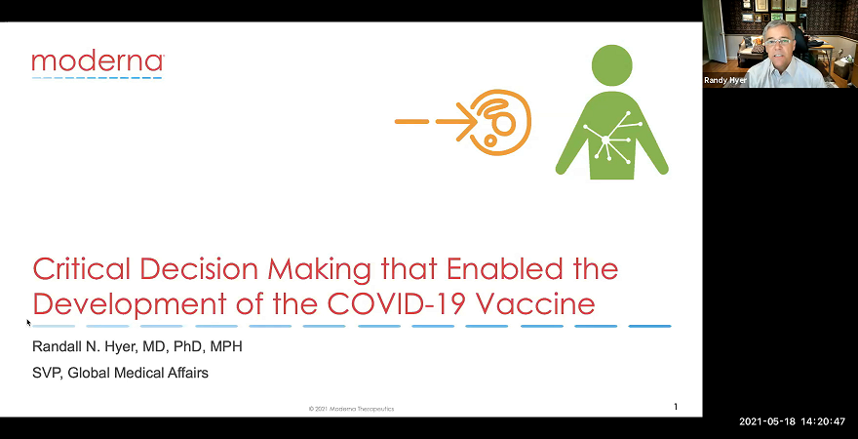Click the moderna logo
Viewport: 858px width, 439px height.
tap(97, 63)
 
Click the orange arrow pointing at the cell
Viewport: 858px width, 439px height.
tap(434, 122)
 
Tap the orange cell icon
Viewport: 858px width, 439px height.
tap(500, 122)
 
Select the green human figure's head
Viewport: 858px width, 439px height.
tap(611, 63)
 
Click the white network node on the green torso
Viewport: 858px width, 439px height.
tap(605, 140)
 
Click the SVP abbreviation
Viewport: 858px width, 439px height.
tap(46, 373)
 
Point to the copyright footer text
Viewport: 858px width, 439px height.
tap(351, 408)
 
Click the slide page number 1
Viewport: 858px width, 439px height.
tap(676, 406)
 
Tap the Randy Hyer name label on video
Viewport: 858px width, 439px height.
tap(725, 80)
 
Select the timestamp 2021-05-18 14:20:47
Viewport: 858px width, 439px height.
tap(792, 421)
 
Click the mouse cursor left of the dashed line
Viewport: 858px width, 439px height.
tap(28, 321)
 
